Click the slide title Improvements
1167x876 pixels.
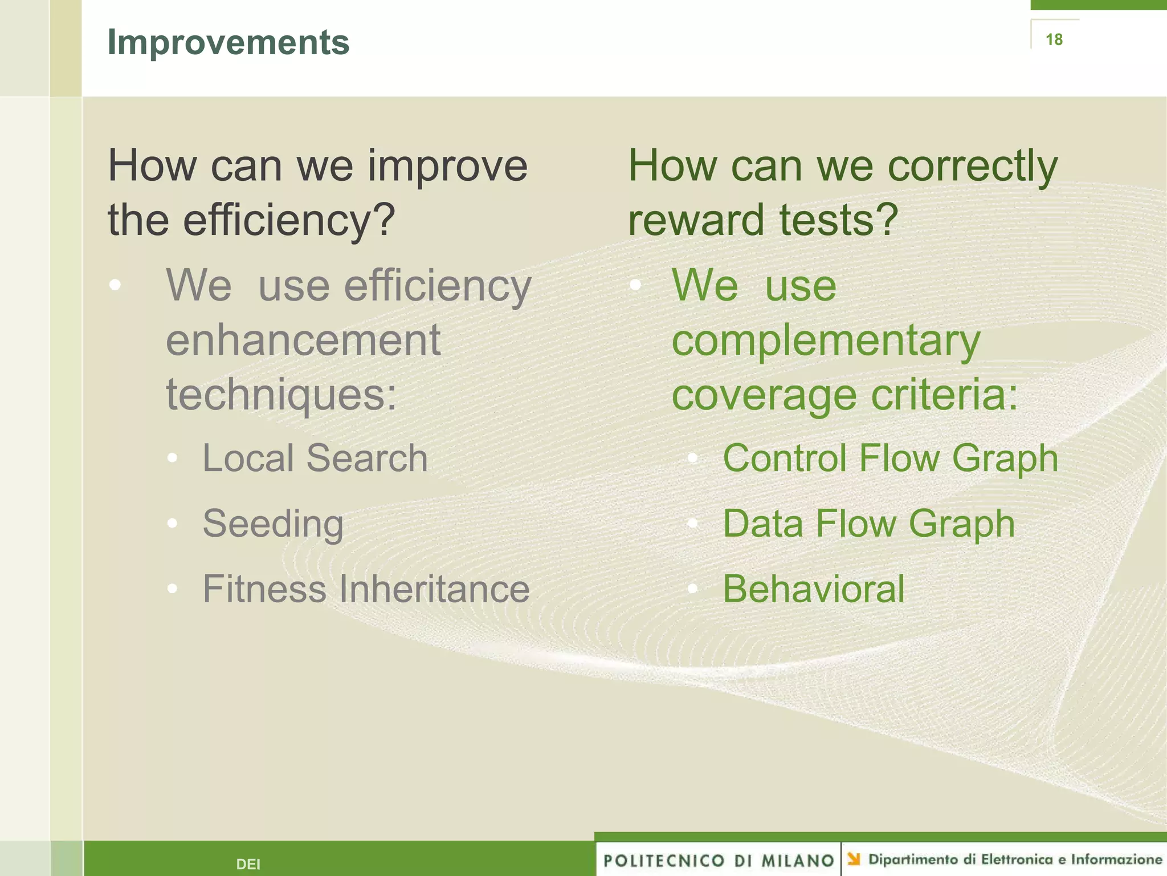[228, 42]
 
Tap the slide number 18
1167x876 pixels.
[1054, 39]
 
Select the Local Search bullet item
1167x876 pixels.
[315, 458]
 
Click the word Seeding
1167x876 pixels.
[273, 524]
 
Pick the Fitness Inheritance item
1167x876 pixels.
[366, 589]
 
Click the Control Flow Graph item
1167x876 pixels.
[890, 458]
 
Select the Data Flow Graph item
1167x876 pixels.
[868, 524]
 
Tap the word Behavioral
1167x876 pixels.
[813, 589]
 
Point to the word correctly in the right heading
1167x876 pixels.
[972, 166]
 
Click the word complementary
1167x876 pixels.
[826, 340]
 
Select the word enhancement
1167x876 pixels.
[303, 340]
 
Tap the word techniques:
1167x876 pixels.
[281, 395]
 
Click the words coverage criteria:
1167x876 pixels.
[844, 395]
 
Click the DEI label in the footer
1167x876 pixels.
[248, 864]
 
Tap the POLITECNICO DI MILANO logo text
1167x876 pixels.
[719, 860]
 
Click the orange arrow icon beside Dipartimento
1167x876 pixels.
[854, 858]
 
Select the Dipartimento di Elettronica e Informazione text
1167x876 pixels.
[1014, 859]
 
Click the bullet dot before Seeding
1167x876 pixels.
[173, 524]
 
